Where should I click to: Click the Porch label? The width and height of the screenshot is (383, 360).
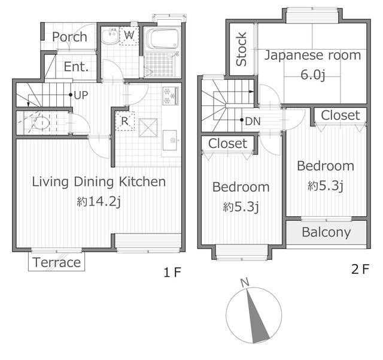(69, 37)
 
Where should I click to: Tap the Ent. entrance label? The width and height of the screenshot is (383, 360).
(76, 66)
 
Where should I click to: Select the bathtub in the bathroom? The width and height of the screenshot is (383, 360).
(162, 39)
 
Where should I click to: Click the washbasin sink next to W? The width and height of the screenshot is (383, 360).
(110, 36)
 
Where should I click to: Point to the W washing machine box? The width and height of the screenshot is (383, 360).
(129, 36)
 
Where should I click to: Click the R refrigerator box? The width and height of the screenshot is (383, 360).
(124, 121)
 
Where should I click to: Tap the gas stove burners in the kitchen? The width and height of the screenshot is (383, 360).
(171, 96)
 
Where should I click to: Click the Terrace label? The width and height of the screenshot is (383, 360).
(57, 262)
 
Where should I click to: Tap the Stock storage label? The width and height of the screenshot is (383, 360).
(241, 49)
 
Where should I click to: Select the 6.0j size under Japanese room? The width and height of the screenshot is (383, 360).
(312, 74)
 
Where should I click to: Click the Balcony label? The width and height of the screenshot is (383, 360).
(326, 232)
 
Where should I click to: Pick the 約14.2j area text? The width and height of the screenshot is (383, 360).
(99, 202)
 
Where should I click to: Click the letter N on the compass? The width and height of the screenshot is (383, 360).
(245, 283)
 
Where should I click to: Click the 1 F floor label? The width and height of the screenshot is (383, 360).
(172, 272)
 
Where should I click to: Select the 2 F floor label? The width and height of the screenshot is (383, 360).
(360, 270)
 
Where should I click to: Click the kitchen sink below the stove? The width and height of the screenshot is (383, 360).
(169, 140)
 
